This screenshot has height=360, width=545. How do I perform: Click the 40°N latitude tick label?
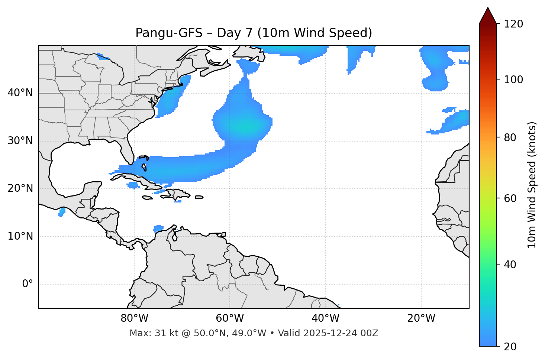[20, 93]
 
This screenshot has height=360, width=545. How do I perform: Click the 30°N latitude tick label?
[20, 141]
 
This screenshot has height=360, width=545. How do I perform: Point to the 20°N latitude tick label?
[20, 188]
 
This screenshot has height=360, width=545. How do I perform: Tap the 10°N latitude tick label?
[20, 236]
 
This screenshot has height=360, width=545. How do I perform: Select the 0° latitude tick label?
[28, 284]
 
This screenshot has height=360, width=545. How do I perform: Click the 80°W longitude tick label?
[134, 318]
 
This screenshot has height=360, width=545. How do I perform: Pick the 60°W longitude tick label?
[230, 318]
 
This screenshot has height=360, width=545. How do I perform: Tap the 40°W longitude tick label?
[325, 318]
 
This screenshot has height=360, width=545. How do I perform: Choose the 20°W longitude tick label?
[421, 318]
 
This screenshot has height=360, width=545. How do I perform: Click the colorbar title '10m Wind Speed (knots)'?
[532, 185]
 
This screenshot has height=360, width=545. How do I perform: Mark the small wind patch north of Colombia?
[158, 228]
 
